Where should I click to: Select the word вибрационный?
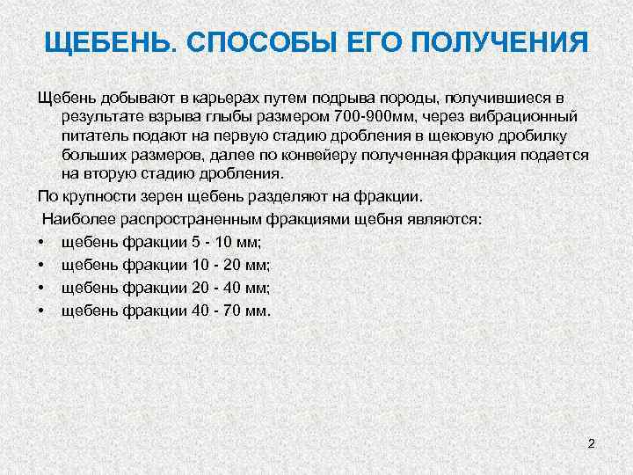tap(522, 115)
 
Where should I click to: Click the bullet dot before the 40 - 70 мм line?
tap(41, 311)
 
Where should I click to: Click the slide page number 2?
tap(591, 443)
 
